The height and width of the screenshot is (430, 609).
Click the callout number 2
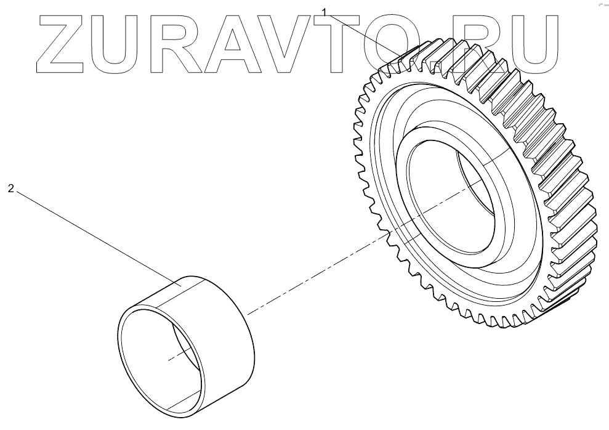(x=10, y=189)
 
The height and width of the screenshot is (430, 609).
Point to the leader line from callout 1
(x=363, y=34)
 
